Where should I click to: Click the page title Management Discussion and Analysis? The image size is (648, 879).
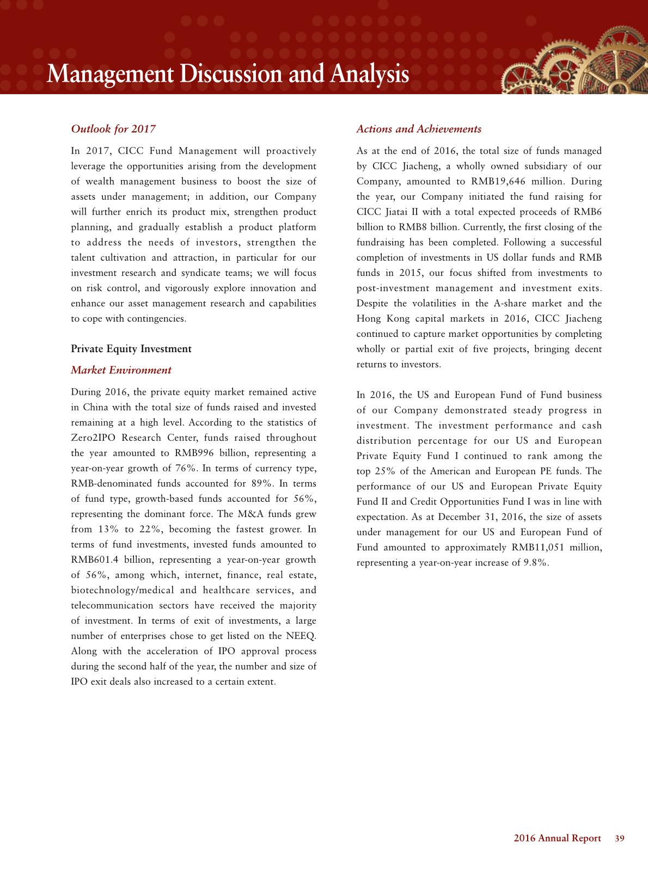point(228,74)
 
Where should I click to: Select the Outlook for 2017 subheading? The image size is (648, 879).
point(113,129)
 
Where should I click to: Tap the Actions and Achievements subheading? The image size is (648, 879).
point(419,129)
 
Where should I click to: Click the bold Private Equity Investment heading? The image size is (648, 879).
point(131,349)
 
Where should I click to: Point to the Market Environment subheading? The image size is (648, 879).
point(121,370)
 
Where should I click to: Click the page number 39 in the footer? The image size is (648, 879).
point(619,839)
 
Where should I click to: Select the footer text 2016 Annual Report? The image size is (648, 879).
point(557,839)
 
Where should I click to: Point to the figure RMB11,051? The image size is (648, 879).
point(537,548)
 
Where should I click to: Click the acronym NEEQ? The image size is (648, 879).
point(301,636)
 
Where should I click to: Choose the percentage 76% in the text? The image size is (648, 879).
point(185,469)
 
